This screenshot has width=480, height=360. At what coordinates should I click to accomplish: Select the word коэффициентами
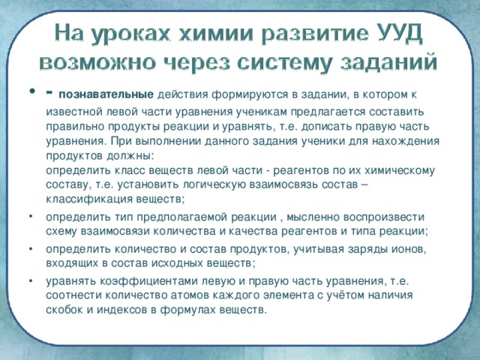(x=146, y=281)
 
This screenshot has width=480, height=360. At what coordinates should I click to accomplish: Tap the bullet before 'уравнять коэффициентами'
(x=28, y=281)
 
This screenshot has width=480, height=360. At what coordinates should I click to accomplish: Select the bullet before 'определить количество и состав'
(x=28, y=248)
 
